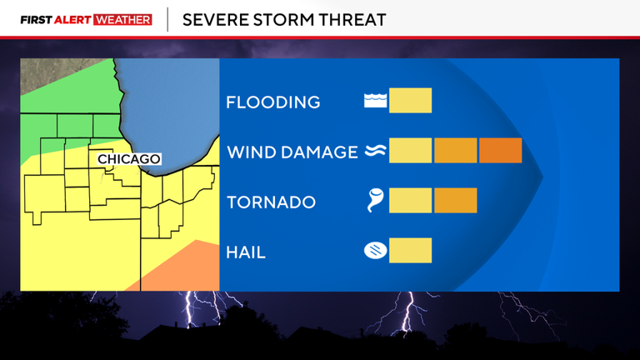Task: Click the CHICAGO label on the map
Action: point(128,159)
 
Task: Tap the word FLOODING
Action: point(272,102)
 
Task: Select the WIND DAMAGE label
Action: point(292,152)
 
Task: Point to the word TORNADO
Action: point(271,202)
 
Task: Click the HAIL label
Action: point(246,252)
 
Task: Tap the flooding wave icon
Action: point(375,102)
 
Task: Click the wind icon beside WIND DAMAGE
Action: point(374,152)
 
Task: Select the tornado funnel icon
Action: point(376,201)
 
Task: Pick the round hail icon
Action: point(375,250)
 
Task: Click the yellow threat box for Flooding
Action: point(410,101)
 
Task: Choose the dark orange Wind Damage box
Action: point(500,151)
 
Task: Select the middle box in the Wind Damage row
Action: point(455,151)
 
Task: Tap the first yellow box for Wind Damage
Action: point(410,151)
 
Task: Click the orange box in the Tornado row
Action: point(455,201)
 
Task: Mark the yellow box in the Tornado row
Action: point(410,201)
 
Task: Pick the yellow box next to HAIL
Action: point(410,250)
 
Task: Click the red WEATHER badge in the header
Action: point(123,19)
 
